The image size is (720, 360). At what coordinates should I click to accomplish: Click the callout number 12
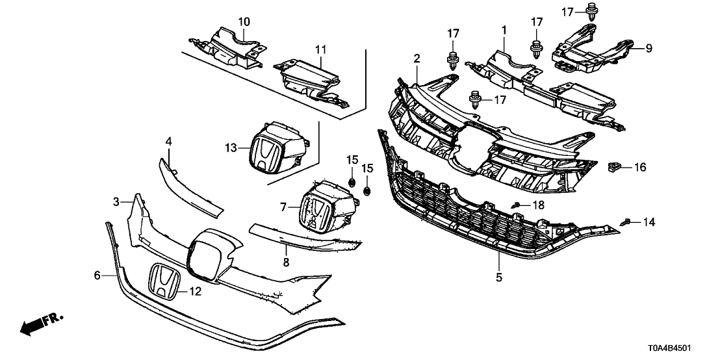point(195,292)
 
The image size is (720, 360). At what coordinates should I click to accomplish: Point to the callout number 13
point(231,148)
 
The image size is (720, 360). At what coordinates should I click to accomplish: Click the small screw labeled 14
point(628,222)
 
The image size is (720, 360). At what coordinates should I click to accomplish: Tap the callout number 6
point(97,276)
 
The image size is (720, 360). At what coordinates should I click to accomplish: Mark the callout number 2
point(417,58)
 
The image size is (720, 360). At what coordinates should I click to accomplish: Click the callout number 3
point(116,202)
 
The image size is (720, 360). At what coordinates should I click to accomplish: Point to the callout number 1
point(503,29)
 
